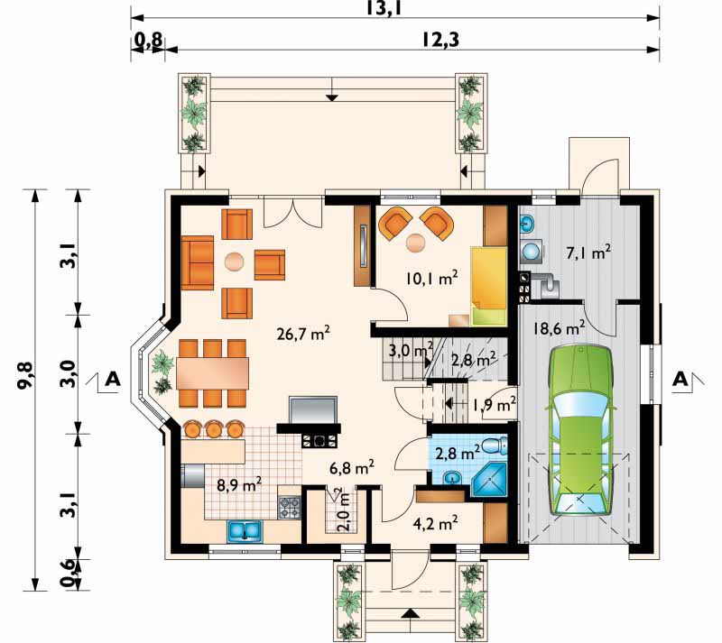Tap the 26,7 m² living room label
pyautogui.click(x=304, y=333)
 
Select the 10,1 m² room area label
pyautogui.click(x=432, y=278)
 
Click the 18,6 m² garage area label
pyautogui.click(x=559, y=328)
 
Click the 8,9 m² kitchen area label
pyautogui.click(x=239, y=485)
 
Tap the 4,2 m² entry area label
pyautogui.click(x=435, y=523)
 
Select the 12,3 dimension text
pyautogui.click(x=440, y=40)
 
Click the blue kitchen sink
pyautogui.click(x=244, y=530)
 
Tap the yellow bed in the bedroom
pyautogui.click(x=488, y=286)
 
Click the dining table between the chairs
pyautogui.click(x=212, y=373)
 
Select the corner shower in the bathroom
pyautogui.click(x=490, y=481)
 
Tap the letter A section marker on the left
pyautogui.click(x=113, y=379)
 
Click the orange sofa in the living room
pyautogui.click(x=198, y=262)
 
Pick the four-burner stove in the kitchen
pyautogui.click(x=289, y=507)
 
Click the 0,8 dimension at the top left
pyautogui.click(x=148, y=41)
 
